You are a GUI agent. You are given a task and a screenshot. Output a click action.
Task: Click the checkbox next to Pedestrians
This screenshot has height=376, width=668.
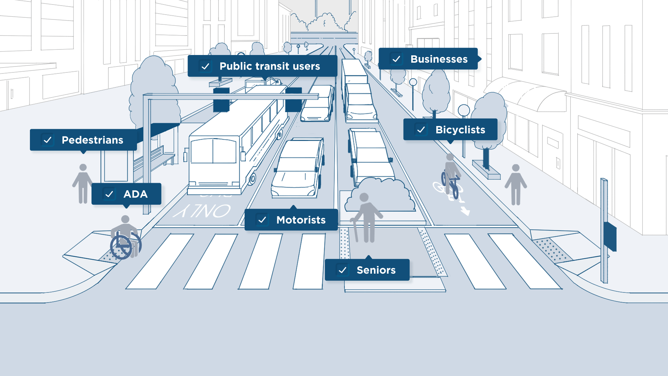click(x=48, y=140)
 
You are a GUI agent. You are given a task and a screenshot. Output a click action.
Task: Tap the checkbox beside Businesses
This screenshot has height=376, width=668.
click(x=396, y=59)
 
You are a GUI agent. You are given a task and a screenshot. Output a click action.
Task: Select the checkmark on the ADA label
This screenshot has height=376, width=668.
click(x=109, y=194)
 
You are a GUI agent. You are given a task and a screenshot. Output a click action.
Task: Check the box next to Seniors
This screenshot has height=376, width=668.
click(x=342, y=270)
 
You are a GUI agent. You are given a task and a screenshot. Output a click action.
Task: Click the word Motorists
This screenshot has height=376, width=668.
click(x=301, y=220)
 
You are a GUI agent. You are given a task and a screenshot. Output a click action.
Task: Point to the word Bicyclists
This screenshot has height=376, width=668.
click(x=460, y=130)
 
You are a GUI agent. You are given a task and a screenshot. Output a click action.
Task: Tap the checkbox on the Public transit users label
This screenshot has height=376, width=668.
click(x=205, y=66)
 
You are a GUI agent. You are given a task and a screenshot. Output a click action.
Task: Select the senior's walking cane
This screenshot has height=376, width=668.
click(x=355, y=230)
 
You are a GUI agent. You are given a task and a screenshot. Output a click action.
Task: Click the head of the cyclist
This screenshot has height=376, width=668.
click(x=450, y=157)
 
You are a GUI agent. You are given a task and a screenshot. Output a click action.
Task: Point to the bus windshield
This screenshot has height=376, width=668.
click(x=213, y=152)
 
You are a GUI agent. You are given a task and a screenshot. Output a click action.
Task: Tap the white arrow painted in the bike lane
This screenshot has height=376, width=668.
click(x=465, y=211)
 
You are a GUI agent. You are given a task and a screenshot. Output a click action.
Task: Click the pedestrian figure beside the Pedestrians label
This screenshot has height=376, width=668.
click(x=83, y=183)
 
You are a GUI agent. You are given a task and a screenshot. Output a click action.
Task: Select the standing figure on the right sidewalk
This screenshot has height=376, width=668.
click(x=516, y=185)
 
